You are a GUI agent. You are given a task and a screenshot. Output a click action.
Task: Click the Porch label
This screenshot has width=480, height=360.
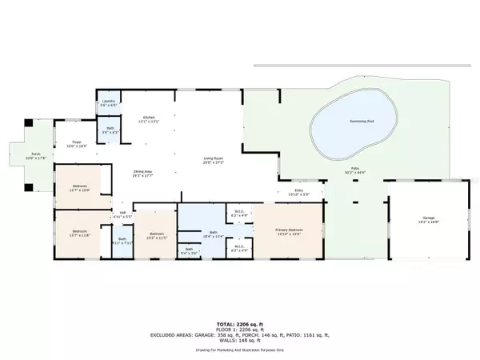tap(34, 154)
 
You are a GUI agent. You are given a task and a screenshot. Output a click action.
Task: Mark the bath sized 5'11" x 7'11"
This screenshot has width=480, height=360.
tap(122, 242)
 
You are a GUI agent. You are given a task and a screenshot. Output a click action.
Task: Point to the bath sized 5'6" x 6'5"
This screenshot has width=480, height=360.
tap(110, 131)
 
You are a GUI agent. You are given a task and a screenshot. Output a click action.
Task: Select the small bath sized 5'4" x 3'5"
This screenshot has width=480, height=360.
tap(189, 251)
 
